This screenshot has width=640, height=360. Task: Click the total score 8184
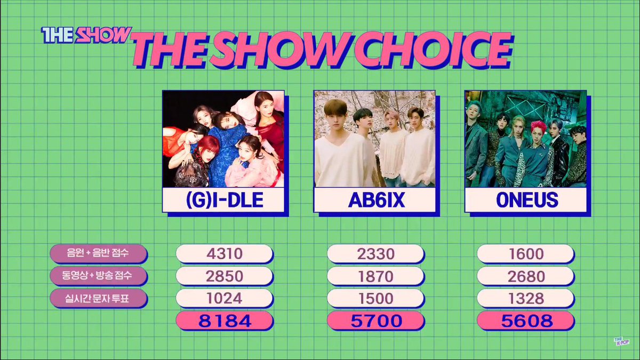tap(224, 321)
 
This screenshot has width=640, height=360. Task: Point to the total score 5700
tap(375, 321)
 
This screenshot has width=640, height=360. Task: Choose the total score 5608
tap(526, 321)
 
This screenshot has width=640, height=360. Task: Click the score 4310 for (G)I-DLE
tap(224, 254)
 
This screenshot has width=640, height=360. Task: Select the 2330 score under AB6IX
tap(375, 254)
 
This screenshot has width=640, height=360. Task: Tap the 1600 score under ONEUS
tap(526, 254)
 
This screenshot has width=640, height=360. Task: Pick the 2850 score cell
tap(224, 276)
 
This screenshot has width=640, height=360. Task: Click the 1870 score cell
tap(375, 276)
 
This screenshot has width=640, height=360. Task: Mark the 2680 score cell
tap(526, 276)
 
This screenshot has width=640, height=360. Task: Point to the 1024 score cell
tap(224, 299)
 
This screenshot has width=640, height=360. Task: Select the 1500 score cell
tap(375, 299)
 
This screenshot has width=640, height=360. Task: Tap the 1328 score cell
tap(526, 299)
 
